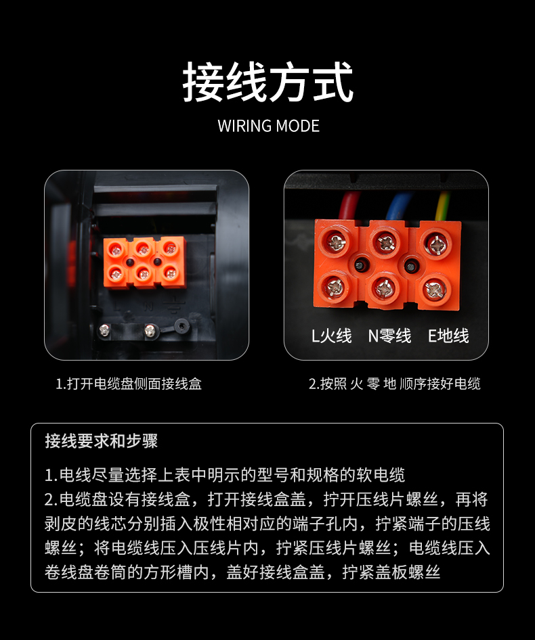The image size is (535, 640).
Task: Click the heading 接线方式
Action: click(x=267, y=82)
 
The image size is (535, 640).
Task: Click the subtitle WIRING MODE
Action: click(x=268, y=126)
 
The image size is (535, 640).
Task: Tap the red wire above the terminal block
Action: click(x=348, y=206)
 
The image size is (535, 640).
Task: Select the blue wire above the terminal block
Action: click(x=398, y=207)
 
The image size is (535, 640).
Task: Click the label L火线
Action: click(x=331, y=336)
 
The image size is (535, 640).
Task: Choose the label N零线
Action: click(x=389, y=336)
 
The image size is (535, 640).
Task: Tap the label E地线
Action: click(x=448, y=336)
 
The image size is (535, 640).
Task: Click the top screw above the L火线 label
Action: click(x=336, y=242)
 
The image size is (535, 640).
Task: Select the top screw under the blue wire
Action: click(x=386, y=243)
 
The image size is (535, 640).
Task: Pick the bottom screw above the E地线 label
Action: click(x=435, y=290)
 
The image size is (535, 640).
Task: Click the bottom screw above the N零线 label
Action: click(x=384, y=289)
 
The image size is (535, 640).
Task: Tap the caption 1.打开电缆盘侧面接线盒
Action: click(x=129, y=384)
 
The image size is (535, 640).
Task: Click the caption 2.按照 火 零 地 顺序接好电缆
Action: click(x=394, y=384)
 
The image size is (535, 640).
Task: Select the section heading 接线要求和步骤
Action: click(x=102, y=441)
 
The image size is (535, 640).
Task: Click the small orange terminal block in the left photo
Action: click(x=145, y=262)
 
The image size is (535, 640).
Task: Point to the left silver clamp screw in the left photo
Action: click(x=104, y=329)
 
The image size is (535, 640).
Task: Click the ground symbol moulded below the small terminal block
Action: click(x=173, y=305)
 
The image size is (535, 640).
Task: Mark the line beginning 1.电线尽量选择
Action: click(x=225, y=475)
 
